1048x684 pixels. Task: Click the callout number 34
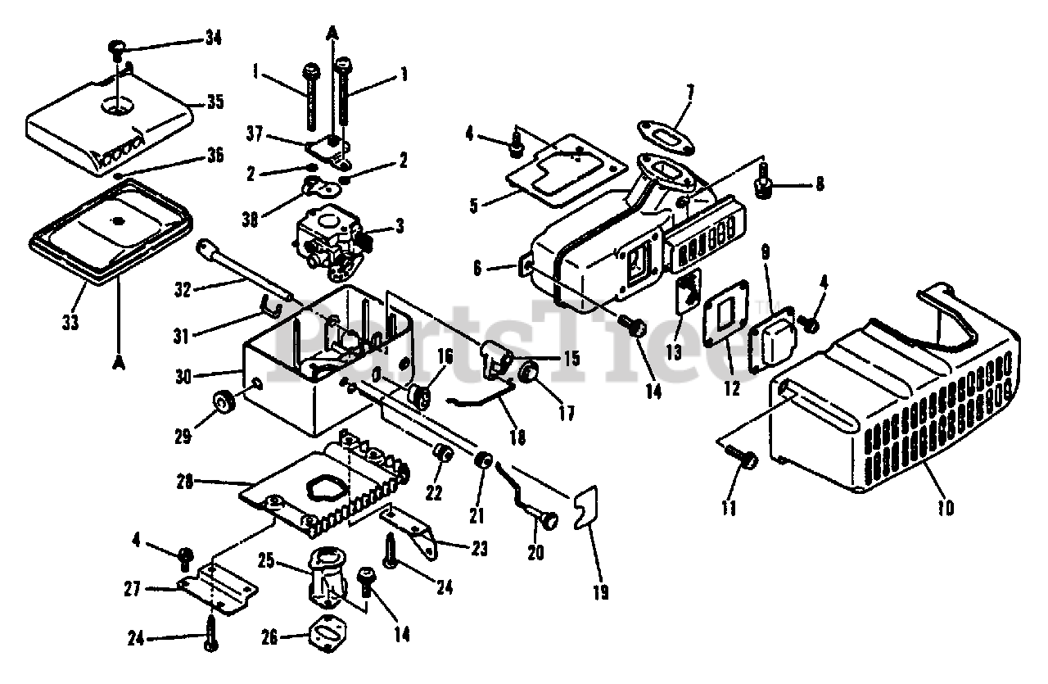coord(214,38)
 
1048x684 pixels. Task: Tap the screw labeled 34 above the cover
coord(116,49)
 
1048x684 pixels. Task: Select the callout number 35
coord(215,102)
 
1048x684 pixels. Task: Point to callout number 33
coord(70,322)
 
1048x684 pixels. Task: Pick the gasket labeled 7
coord(666,138)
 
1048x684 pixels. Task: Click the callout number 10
coord(946,509)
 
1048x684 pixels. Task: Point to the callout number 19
coord(601,592)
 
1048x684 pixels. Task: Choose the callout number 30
coord(183,376)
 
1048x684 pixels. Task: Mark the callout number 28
coord(184,482)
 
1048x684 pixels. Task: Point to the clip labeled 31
coord(270,306)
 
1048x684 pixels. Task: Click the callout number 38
coord(251,219)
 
